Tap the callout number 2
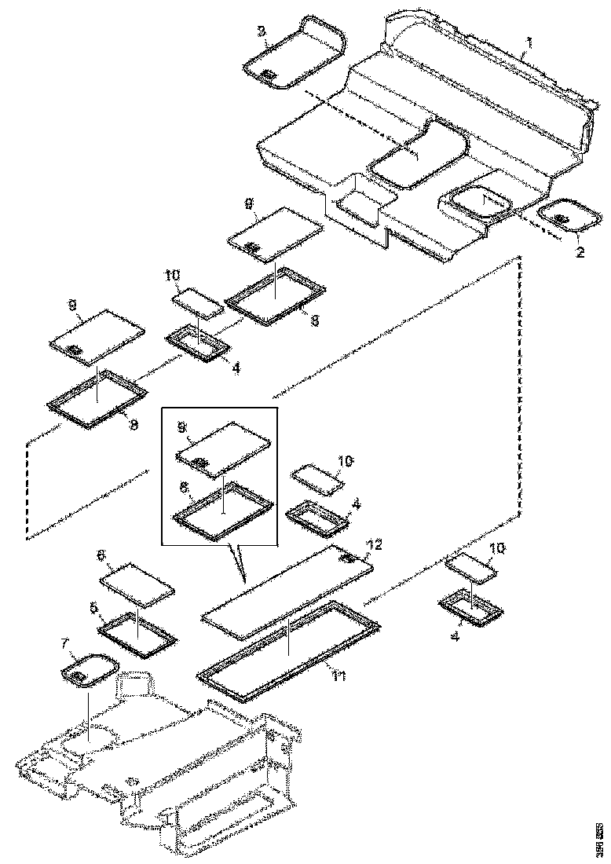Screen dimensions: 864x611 580,253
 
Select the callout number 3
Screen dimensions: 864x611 262,31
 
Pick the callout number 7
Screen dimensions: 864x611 65,643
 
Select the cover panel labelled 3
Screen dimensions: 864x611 292,50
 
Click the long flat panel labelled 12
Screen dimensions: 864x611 287,585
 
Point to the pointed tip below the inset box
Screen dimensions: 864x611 245,580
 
